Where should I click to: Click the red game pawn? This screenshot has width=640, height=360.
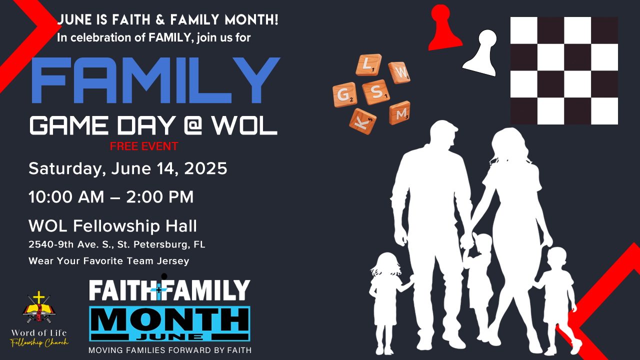point(444,28)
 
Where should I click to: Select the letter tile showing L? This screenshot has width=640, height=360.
point(368,65)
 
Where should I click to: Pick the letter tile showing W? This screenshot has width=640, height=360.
point(399,72)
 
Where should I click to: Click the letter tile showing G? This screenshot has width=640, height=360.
point(344,95)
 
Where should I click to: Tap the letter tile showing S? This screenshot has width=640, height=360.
point(376,92)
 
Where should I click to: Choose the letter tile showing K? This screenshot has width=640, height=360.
point(362,121)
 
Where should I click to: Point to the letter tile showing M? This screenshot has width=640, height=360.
point(399,113)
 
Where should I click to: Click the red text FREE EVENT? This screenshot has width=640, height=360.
point(144,146)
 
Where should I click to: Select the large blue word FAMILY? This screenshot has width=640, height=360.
point(155,80)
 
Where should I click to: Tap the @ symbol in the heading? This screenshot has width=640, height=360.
point(193,125)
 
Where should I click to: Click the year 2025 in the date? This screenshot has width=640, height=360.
point(205,168)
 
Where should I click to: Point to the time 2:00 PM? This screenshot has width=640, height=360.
point(159,197)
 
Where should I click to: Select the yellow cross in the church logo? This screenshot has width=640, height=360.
point(39,298)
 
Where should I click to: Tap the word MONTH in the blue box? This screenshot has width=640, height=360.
point(169,320)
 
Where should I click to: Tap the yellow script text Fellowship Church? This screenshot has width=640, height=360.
point(39,342)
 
